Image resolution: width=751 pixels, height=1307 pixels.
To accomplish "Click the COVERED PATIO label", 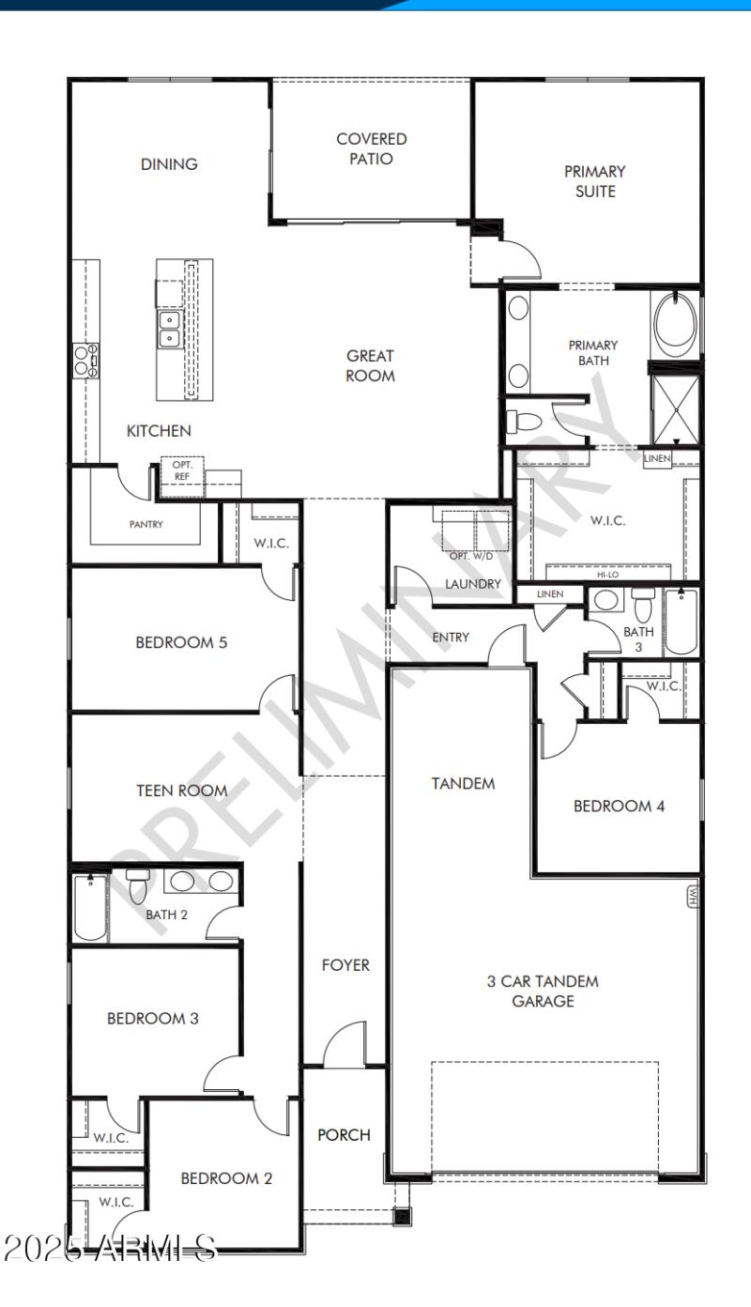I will [x=372, y=149].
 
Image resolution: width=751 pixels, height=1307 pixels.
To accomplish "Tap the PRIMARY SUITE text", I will [x=594, y=182].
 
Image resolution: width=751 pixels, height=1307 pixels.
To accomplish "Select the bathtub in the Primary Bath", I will [x=675, y=325].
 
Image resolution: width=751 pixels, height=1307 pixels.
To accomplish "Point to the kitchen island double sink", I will [x=170, y=329].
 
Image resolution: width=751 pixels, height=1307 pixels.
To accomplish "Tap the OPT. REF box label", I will [x=181, y=470].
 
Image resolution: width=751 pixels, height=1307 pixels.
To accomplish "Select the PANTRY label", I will [x=146, y=525].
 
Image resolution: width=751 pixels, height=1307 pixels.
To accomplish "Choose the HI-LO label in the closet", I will [x=607, y=574].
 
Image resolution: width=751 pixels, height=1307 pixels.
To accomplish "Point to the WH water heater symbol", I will [x=693, y=898].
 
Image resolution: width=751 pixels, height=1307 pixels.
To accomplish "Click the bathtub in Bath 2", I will [x=90, y=907].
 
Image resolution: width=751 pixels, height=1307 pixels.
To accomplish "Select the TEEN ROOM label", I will [x=182, y=791].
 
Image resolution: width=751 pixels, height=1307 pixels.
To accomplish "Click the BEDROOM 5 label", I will [x=181, y=643].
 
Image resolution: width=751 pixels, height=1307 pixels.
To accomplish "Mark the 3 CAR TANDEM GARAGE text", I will [x=543, y=992].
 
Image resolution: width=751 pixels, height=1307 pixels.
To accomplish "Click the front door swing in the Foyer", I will [x=343, y=1044].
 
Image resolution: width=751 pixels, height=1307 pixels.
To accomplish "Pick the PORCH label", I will [x=344, y=1134].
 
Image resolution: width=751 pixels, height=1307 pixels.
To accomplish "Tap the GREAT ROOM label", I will [x=371, y=365].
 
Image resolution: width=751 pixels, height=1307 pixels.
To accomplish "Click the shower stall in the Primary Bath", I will [x=675, y=407].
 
